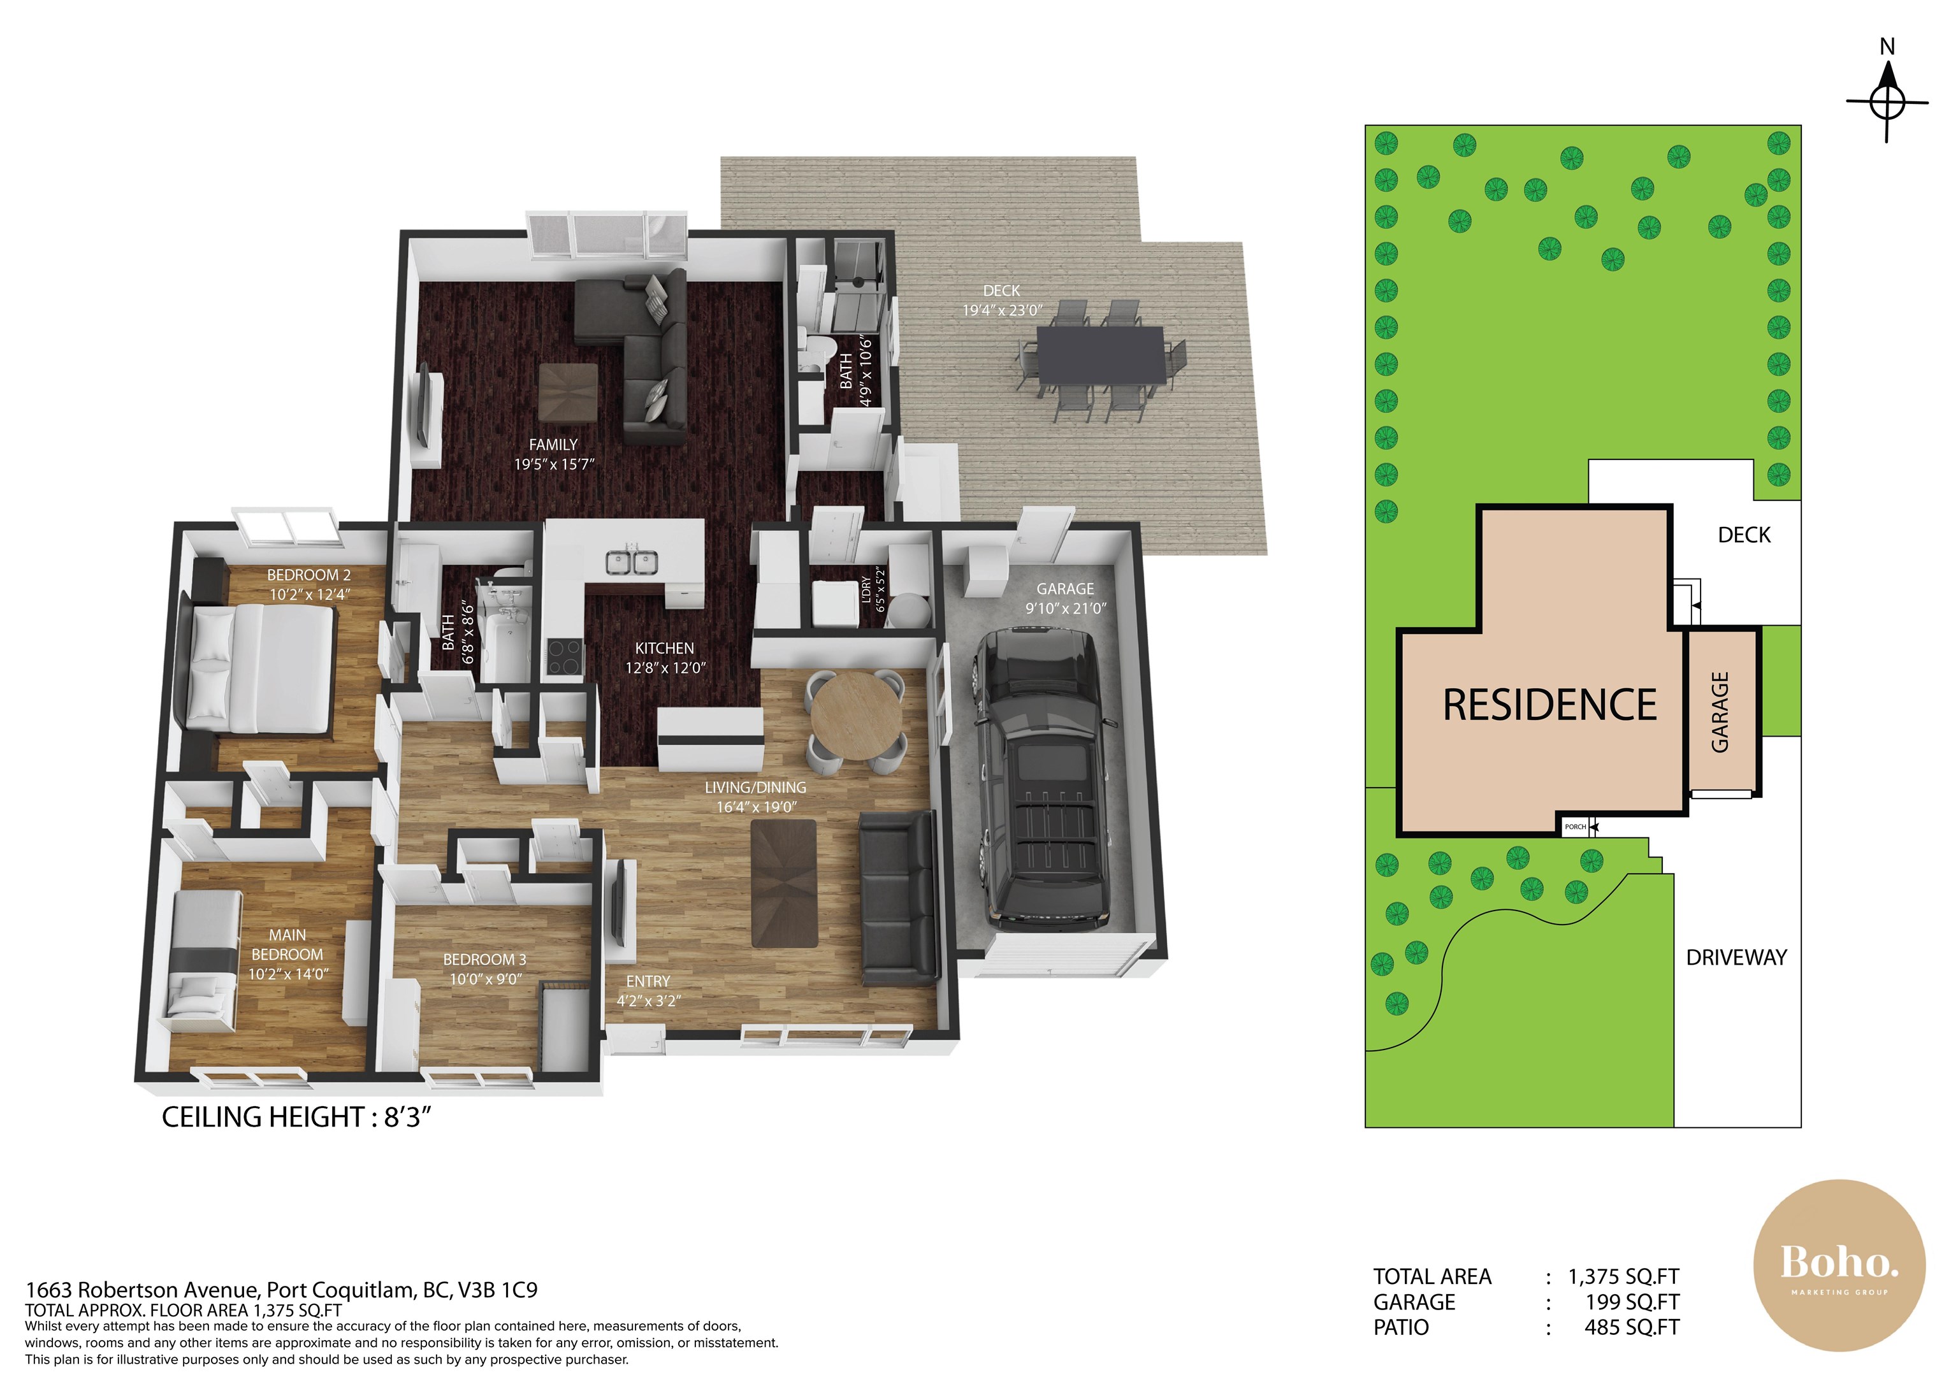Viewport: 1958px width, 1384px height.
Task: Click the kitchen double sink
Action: click(632, 563)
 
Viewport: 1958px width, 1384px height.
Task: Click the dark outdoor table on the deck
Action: click(1102, 355)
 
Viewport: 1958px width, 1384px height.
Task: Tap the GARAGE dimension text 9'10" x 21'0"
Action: click(1065, 608)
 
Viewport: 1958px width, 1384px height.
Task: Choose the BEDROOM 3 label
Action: click(484, 960)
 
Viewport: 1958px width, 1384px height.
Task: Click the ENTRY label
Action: click(648, 981)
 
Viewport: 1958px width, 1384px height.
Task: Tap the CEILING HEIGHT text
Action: click(297, 1117)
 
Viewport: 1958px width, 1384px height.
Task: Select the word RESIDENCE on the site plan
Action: click(1549, 705)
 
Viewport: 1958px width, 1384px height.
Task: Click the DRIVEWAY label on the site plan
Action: click(1736, 958)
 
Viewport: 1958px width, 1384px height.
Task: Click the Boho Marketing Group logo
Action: click(1839, 1266)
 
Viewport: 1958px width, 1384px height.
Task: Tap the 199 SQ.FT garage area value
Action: click(1632, 1302)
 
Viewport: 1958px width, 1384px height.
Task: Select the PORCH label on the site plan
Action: click(1575, 827)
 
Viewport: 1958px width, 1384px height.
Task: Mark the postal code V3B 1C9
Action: click(498, 1290)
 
